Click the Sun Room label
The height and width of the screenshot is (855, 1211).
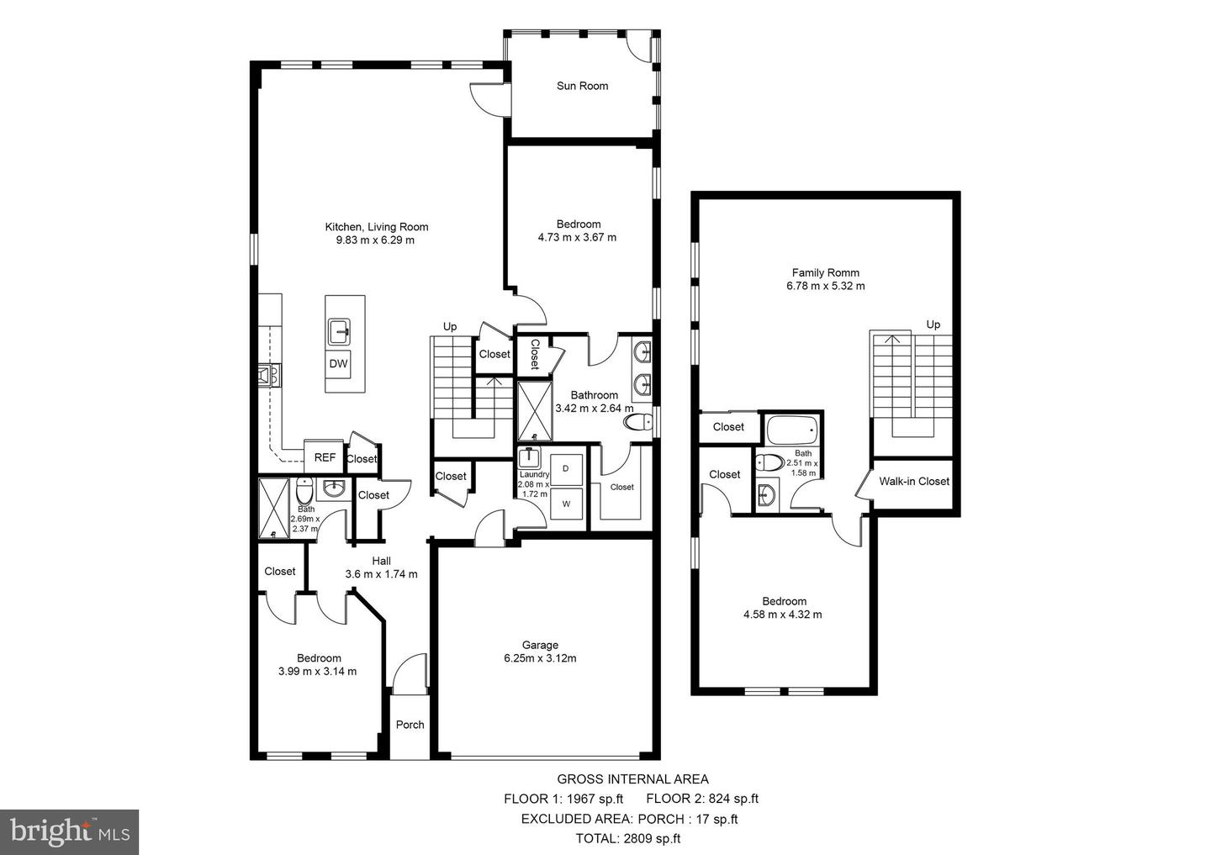click(x=582, y=86)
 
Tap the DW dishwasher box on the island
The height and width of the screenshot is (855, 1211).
click(x=338, y=364)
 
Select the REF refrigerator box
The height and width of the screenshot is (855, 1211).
click(x=325, y=458)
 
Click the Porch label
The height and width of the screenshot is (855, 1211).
click(x=410, y=725)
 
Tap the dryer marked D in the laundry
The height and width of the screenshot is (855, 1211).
click(x=566, y=469)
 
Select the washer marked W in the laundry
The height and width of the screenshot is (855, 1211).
click(x=566, y=504)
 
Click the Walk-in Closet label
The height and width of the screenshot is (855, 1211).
click(x=914, y=482)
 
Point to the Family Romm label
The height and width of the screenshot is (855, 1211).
click(x=825, y=272)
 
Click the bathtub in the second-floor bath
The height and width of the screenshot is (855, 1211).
click(x=791, y=430)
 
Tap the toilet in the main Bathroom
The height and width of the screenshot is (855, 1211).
click(x=640, y=422)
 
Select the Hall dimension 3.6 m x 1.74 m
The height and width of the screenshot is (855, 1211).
click(x=381, y=574)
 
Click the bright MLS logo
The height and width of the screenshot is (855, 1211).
click(x=70, y=832)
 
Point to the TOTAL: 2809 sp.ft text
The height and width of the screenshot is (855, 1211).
click(x=628, y=838)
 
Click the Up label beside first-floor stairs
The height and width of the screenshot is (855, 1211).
click(x=450, y=326)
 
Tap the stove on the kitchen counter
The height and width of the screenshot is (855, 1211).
click(x=269, y=375)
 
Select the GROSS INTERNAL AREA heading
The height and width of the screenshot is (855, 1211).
click(x=632, y=779)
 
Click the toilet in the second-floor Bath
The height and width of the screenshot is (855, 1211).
click(x=769, y=462)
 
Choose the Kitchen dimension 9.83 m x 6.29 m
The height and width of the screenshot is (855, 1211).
click(x=376, y=240)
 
